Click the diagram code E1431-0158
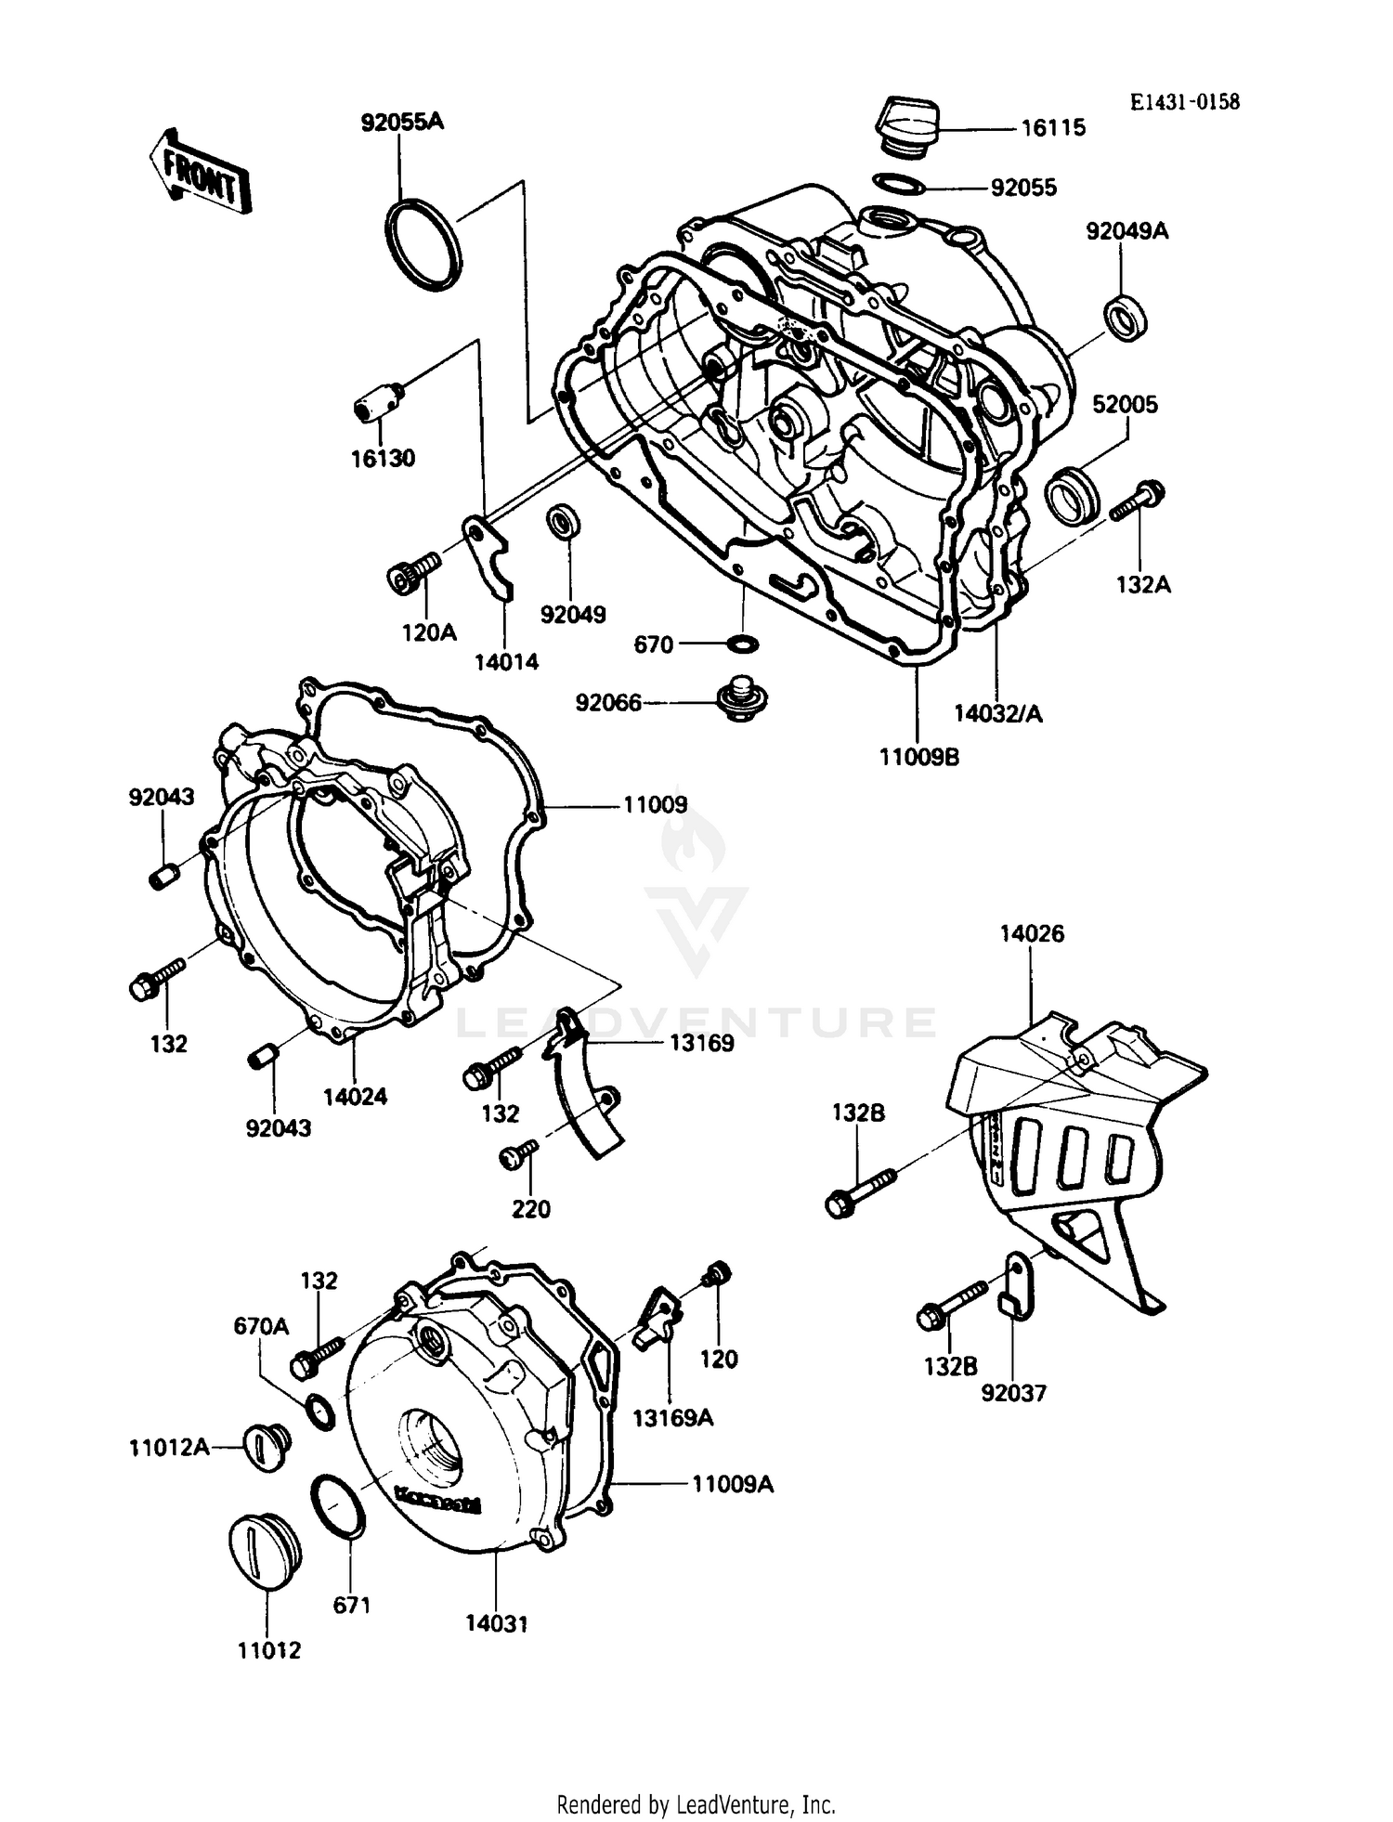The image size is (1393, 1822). coord(1184,102)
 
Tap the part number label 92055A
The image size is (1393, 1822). coord(402,122)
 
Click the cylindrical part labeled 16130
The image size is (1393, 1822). coord(379,403)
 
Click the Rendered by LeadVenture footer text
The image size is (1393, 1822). coord(696,1804)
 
